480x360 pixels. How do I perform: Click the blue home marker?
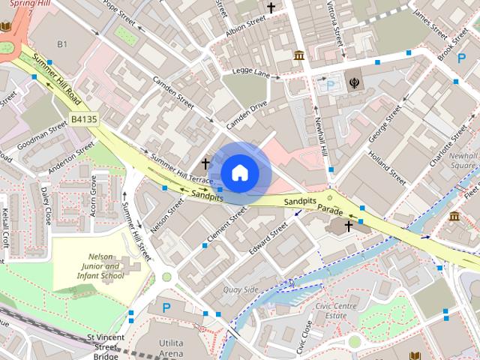pos(238,172)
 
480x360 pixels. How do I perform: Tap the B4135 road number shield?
pos(85,119)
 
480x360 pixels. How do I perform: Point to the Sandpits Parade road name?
pos(313,205)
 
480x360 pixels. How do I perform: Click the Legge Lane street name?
pos(250,73)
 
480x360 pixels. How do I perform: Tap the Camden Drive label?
pos(247,114)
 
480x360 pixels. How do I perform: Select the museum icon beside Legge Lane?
pos(299,56)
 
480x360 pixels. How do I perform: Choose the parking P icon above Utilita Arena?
pos(166,307)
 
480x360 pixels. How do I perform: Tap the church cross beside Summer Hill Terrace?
pos(205,163)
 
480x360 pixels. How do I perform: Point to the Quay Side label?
pos(241,289)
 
